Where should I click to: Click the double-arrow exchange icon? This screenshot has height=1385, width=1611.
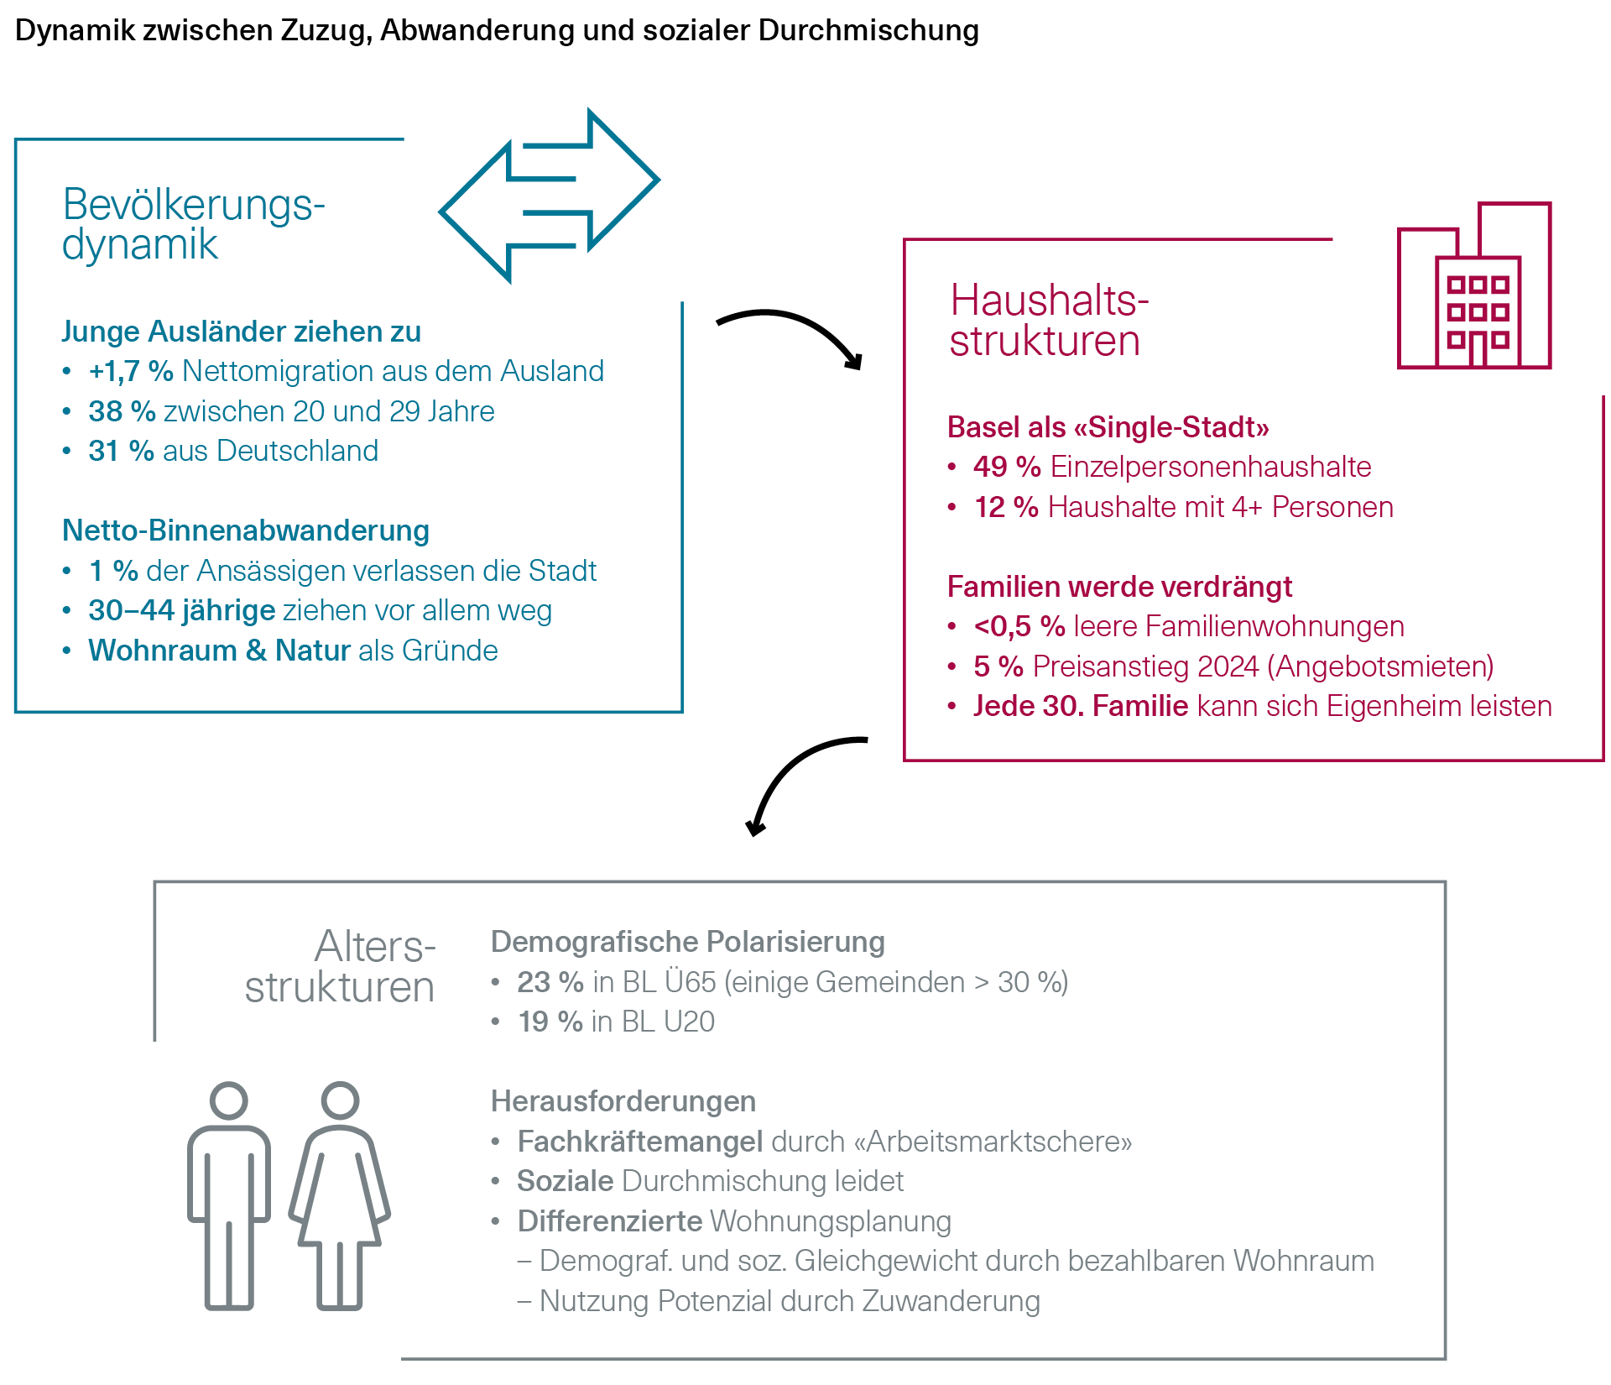550,196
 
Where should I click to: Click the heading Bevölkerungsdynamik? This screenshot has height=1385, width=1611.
193,224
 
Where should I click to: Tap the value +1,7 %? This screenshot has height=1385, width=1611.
130,371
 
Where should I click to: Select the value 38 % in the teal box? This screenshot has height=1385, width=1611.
122,411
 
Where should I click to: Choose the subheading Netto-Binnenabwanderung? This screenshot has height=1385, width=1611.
246,530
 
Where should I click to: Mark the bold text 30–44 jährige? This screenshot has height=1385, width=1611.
181,610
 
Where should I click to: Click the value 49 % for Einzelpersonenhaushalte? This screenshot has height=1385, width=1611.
1007,467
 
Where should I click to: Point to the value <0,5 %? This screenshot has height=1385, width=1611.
1019,626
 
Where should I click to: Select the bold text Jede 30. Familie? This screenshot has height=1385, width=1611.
1081,706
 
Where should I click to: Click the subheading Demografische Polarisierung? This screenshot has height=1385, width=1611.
687,942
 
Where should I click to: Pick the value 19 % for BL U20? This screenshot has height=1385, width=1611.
550,1022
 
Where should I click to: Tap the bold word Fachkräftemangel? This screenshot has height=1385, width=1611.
639,1142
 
